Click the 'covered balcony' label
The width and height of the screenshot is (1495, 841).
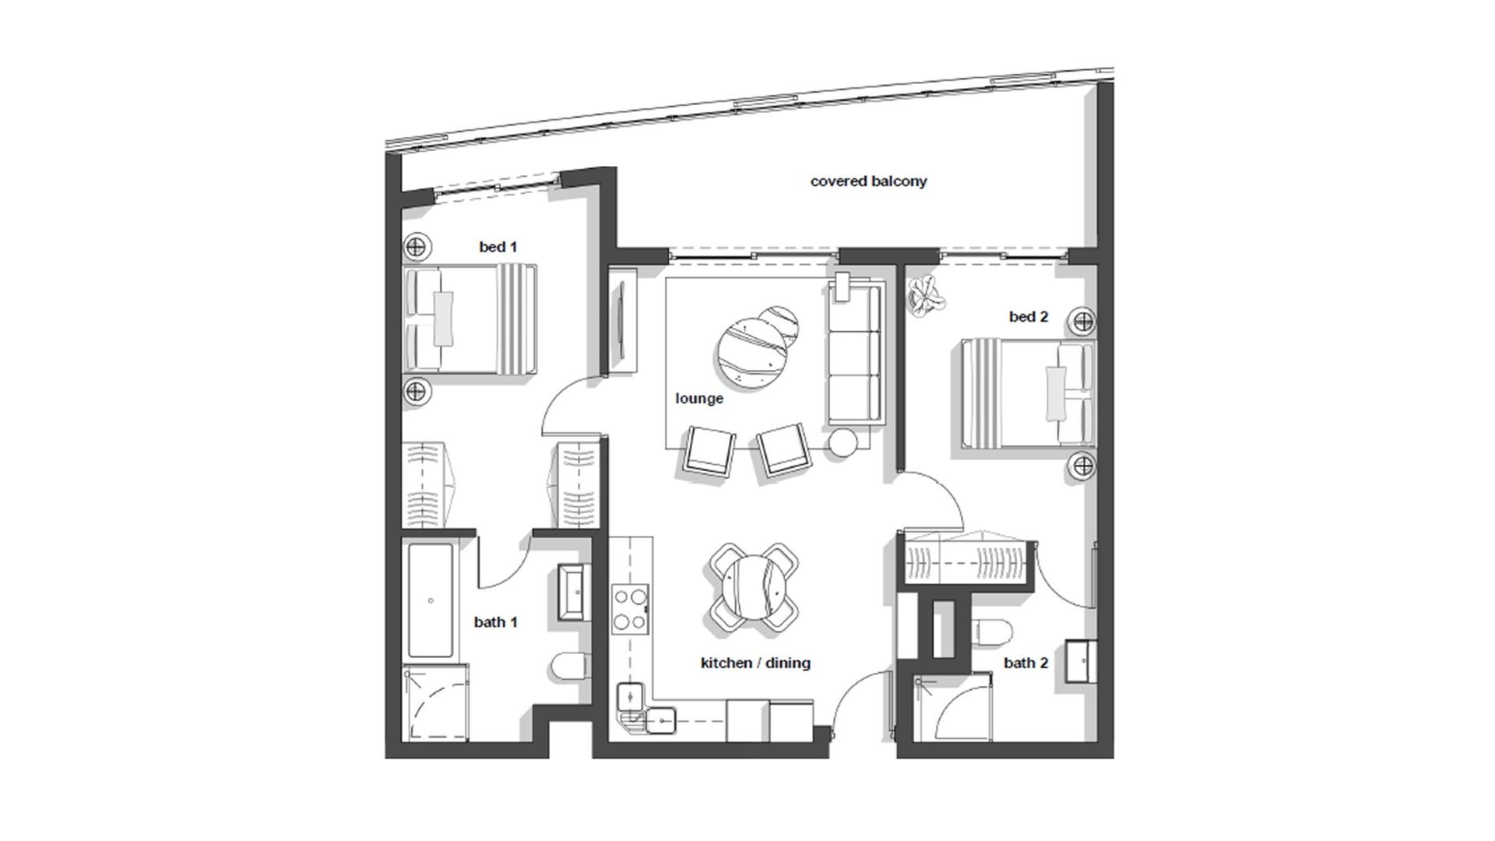coord(868,181)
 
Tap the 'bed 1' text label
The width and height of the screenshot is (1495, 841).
coord(498,247)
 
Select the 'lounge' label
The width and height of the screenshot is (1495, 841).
coord(699,399)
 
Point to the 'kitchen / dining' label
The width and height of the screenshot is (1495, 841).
coord(755,663)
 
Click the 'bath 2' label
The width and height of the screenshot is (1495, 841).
coord(1025,663)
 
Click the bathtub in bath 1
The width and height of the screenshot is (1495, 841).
coord(431,600)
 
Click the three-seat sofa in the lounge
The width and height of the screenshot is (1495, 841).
coord(855,355)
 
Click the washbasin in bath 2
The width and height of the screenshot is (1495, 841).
coord(1081,660)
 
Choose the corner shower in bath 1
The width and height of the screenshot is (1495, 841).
coord(436,703)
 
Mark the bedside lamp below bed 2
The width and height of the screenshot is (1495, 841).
coord(1082,466)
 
